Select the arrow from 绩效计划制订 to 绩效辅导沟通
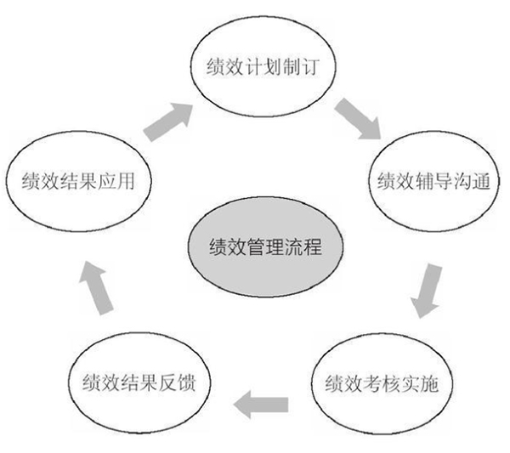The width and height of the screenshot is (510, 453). click(x=357, y=118)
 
